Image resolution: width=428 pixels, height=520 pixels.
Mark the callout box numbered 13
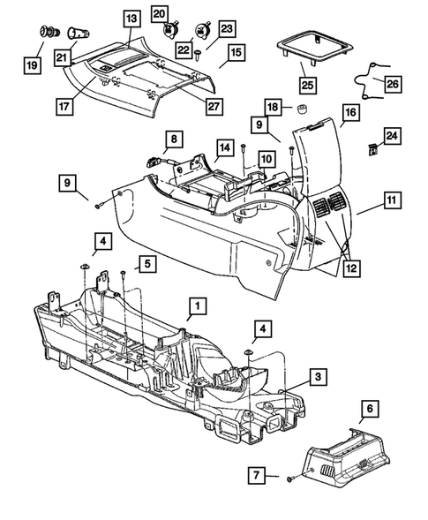(x=131, y=18)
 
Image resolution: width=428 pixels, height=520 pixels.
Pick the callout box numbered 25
(x=308, y=85)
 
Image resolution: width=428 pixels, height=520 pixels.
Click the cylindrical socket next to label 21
(x=72, y=36)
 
